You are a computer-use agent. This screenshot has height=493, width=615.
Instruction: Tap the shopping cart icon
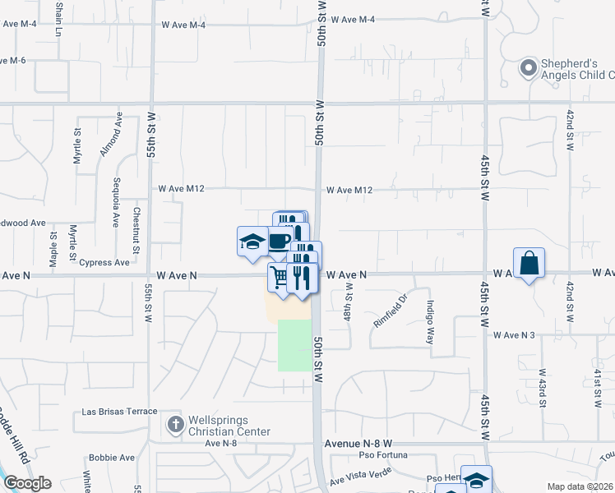[x=280, y=278]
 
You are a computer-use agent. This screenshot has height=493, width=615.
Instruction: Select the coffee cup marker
[x=279, y=240]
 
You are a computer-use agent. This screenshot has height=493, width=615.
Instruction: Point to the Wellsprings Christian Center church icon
[x=173, y=425]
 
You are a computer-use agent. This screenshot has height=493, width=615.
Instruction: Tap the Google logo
[x=27, y=483]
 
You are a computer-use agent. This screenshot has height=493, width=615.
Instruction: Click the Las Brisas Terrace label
[x=119, y=411]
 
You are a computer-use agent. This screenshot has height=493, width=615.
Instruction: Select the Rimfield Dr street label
[x=391, y=311]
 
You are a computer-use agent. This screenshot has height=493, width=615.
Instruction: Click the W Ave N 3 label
[x=514, y=335]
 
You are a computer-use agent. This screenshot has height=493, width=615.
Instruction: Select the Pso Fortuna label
[x=384, y=455]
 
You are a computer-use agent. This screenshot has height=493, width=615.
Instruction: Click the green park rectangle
[x=294, y=345]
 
